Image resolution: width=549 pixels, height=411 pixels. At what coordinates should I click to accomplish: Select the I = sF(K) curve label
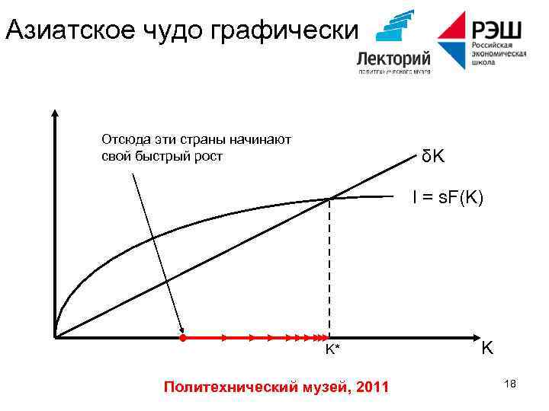click(448, 198)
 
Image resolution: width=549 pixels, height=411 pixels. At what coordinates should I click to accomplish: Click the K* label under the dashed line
click(332, 349)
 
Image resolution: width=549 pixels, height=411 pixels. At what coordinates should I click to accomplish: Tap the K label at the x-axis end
click(486, 349)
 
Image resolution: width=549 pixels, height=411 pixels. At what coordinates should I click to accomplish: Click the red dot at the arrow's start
click(183, 337)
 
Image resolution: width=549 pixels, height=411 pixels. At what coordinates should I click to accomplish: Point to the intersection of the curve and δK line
click(329, 199)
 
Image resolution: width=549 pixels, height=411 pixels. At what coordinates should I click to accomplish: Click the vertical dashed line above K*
click(329, 266)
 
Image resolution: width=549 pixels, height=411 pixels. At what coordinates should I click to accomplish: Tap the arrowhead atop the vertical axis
click(55, 115)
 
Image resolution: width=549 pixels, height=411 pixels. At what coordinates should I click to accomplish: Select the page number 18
click(510, 384)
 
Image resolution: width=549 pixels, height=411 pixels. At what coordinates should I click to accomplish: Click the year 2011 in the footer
click(371, 387)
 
